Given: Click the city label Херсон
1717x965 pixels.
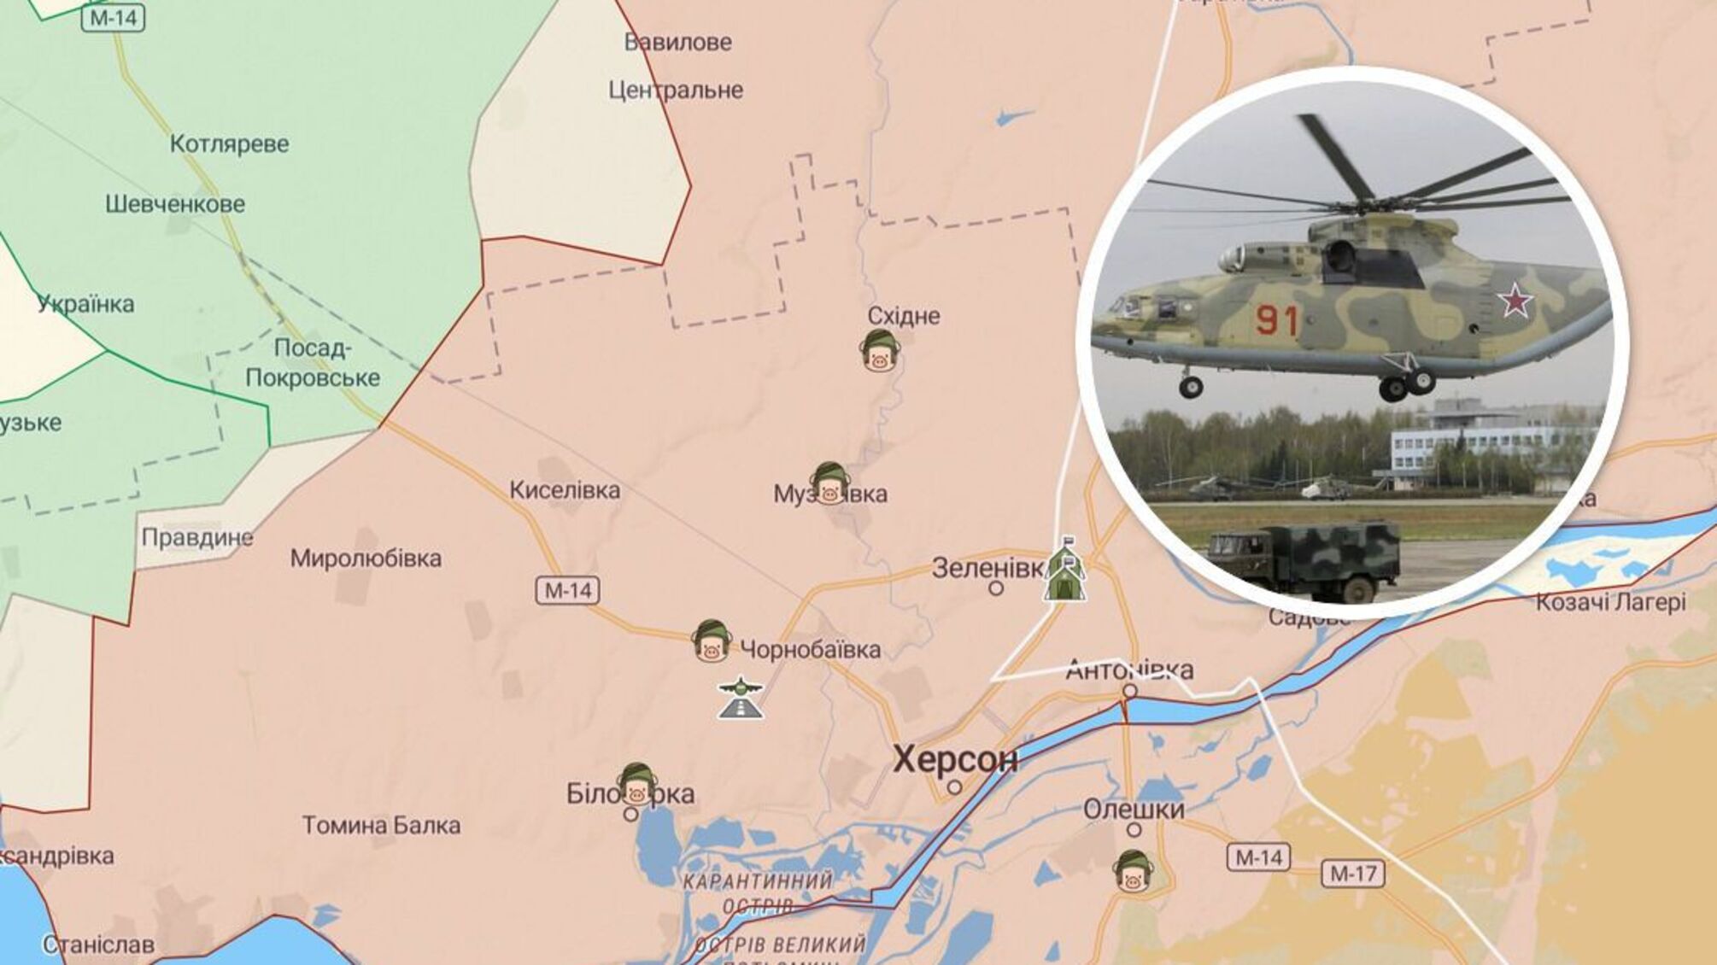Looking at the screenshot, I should [x=955, y=759].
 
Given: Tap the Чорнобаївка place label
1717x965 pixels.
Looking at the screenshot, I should [x=810, y=650].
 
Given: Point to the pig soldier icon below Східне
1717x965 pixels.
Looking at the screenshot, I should [x=880, y=351].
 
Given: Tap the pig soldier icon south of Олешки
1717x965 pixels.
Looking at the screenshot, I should [x=1133, y=872].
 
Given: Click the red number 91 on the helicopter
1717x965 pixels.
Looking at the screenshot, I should [x=1277, y=320].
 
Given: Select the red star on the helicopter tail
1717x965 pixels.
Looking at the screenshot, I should [x=1515, y=301].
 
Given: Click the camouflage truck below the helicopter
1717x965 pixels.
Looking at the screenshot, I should [x=1304, y=560].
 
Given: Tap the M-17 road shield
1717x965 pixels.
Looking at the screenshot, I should [x=1353, y=873].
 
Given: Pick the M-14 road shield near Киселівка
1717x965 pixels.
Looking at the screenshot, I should [x=568, y=590].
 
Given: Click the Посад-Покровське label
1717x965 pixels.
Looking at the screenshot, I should [x=313, y=363].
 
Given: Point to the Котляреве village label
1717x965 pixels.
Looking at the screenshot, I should [x=229, y=143].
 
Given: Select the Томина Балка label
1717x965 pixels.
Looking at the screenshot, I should [x=381, y=825].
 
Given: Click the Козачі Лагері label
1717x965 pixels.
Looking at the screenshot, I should [x=1610, y=602].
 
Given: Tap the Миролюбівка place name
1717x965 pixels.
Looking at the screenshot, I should [x=366, y=559].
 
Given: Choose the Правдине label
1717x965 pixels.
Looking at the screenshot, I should [x=197, y=537].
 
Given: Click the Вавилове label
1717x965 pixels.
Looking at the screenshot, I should [x=678, y=42].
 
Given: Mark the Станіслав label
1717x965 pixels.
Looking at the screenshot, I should [x=98, y=945].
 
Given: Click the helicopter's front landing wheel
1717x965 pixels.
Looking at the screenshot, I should [x=1191, y=387].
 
